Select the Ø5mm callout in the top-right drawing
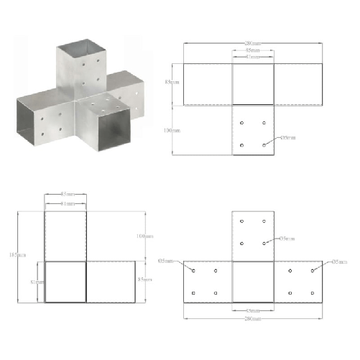point(285,137)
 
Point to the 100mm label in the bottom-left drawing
point(145,236)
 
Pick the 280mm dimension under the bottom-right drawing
point(251,318)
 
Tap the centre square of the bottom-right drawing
point(252,281)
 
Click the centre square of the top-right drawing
point(251,84)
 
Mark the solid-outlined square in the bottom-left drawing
point(65,281)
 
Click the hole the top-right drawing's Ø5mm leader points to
point(265,145)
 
